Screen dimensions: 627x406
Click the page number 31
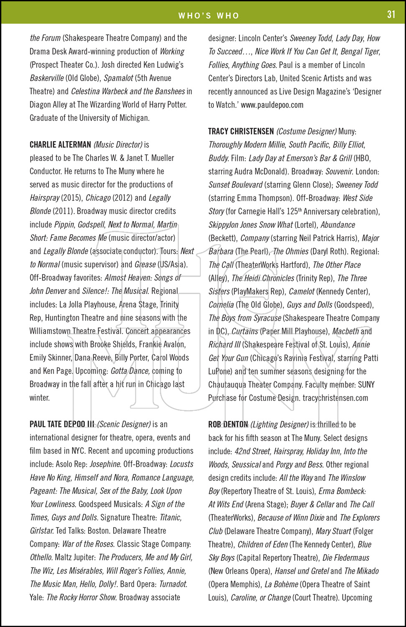[391, 14]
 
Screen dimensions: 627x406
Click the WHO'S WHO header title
[209, 16]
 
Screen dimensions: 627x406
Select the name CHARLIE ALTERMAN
[60, 145]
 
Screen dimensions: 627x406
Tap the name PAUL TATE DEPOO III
[62, 424]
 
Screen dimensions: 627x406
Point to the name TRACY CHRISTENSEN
[241, 131]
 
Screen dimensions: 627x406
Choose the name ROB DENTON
[228, 424]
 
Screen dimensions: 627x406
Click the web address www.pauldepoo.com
[272, 105]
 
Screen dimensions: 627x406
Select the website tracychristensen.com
[335, 398]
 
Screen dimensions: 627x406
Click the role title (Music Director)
[118, 145]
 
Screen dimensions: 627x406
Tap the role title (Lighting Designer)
[279, 424]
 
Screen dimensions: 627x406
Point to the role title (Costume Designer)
[306, 131]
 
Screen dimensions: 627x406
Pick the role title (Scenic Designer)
[124, 424]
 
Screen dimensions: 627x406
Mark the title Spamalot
[118, 78]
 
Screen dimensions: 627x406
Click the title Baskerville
[47, 78]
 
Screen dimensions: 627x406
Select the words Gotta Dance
[130, 371]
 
